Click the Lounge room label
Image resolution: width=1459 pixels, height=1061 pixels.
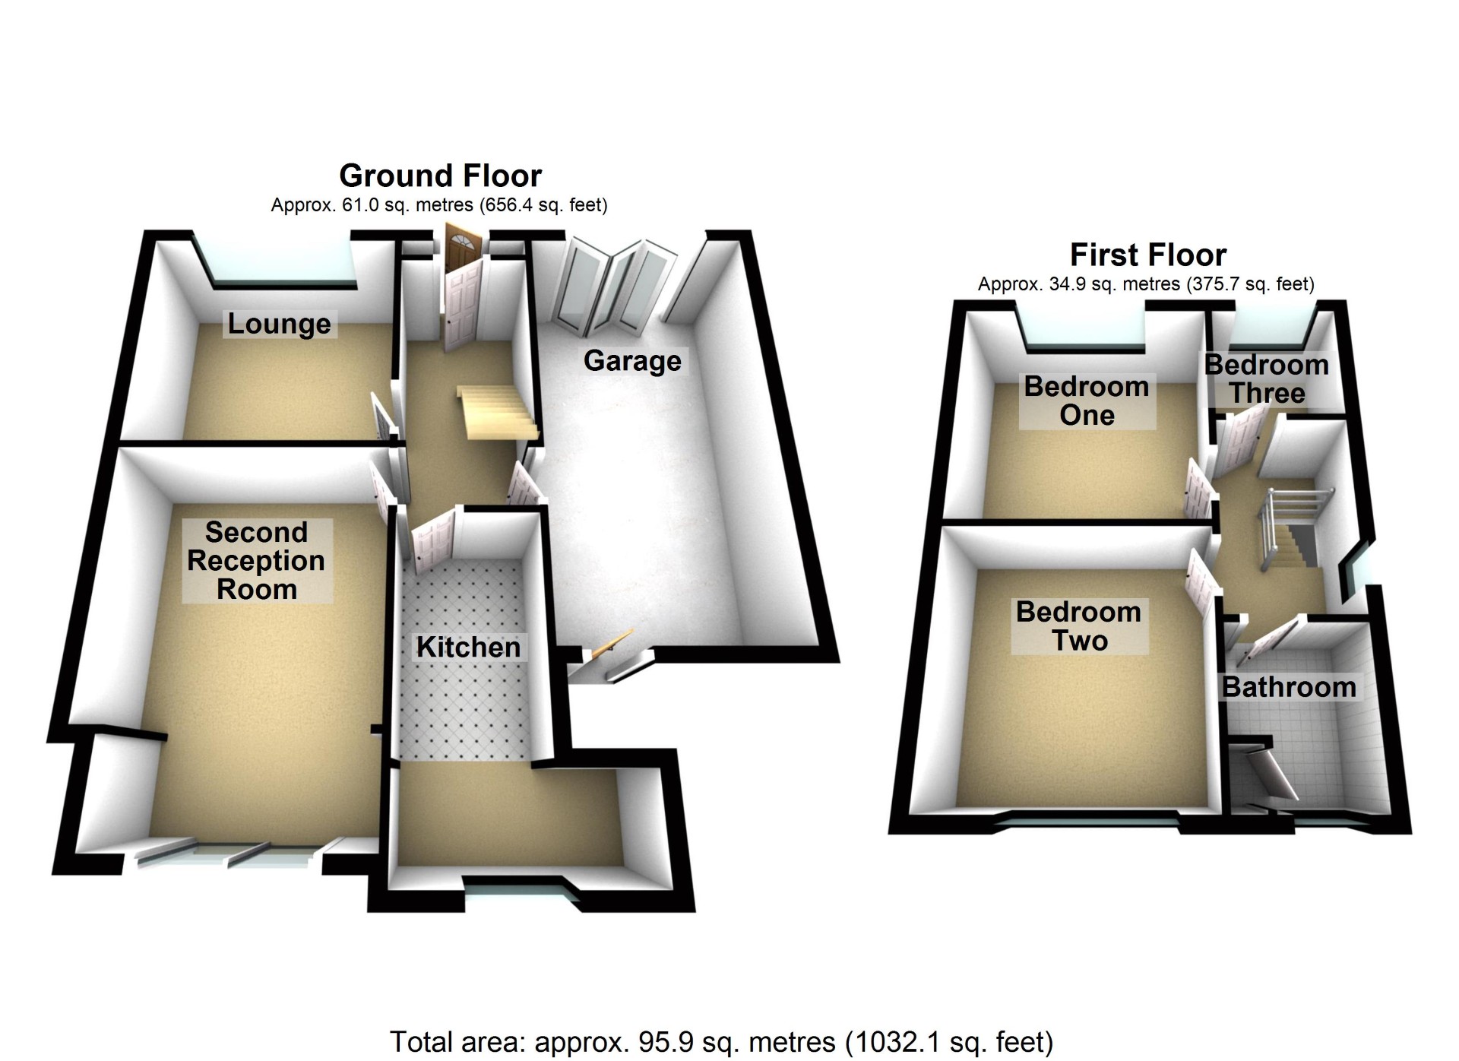pyautogui.click(x=279, y=324)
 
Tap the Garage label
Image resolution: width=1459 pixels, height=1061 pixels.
pyautogui.click(x=632, y=361)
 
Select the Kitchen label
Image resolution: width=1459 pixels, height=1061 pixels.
pyautogui.click(x=468, y=648)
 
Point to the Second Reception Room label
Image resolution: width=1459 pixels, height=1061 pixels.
pyautogui.click(x=256, y=561)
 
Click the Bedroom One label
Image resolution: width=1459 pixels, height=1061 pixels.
pyautogui.click(x=1086, y=401)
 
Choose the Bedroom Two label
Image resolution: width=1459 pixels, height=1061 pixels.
pyautogui.click(x=1078, y=626)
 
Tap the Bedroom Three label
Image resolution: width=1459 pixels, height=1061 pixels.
pyautogui.click(x=1267, y=379)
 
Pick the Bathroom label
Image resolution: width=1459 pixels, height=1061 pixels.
pyautogui.click(x=1289, y=687)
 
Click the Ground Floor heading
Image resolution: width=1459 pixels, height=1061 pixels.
pyautogui.click(x=440, y=176)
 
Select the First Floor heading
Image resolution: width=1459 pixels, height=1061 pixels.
pyautogui.click(x=1147, y=255)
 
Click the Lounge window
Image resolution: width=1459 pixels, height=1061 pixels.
pyautogui.click(x=277, y=262)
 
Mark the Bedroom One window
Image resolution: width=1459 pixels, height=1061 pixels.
pyautogui.click(x=1084, y=331)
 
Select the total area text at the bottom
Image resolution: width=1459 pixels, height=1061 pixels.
pyautogui.click(x=721, y=1042)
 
